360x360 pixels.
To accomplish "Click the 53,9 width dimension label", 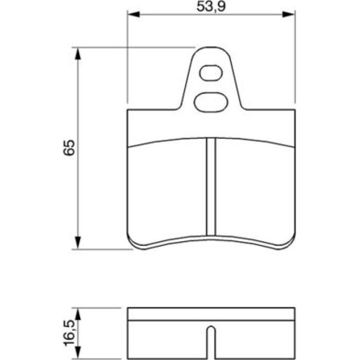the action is tap(211, 6).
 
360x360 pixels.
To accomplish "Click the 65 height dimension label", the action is tap(69, 148).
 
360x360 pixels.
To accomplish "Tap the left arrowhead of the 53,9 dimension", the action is tap(133, 14).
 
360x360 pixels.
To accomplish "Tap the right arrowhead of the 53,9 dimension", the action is tap(289, 14).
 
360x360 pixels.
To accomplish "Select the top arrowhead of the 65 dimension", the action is tap(78, 53).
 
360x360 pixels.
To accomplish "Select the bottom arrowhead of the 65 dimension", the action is tap(78, 243).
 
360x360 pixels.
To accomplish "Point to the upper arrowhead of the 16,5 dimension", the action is tap(78, 314).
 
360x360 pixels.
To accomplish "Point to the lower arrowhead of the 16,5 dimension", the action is tap(78, 353).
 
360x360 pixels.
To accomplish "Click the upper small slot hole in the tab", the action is tap(211, 73).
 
